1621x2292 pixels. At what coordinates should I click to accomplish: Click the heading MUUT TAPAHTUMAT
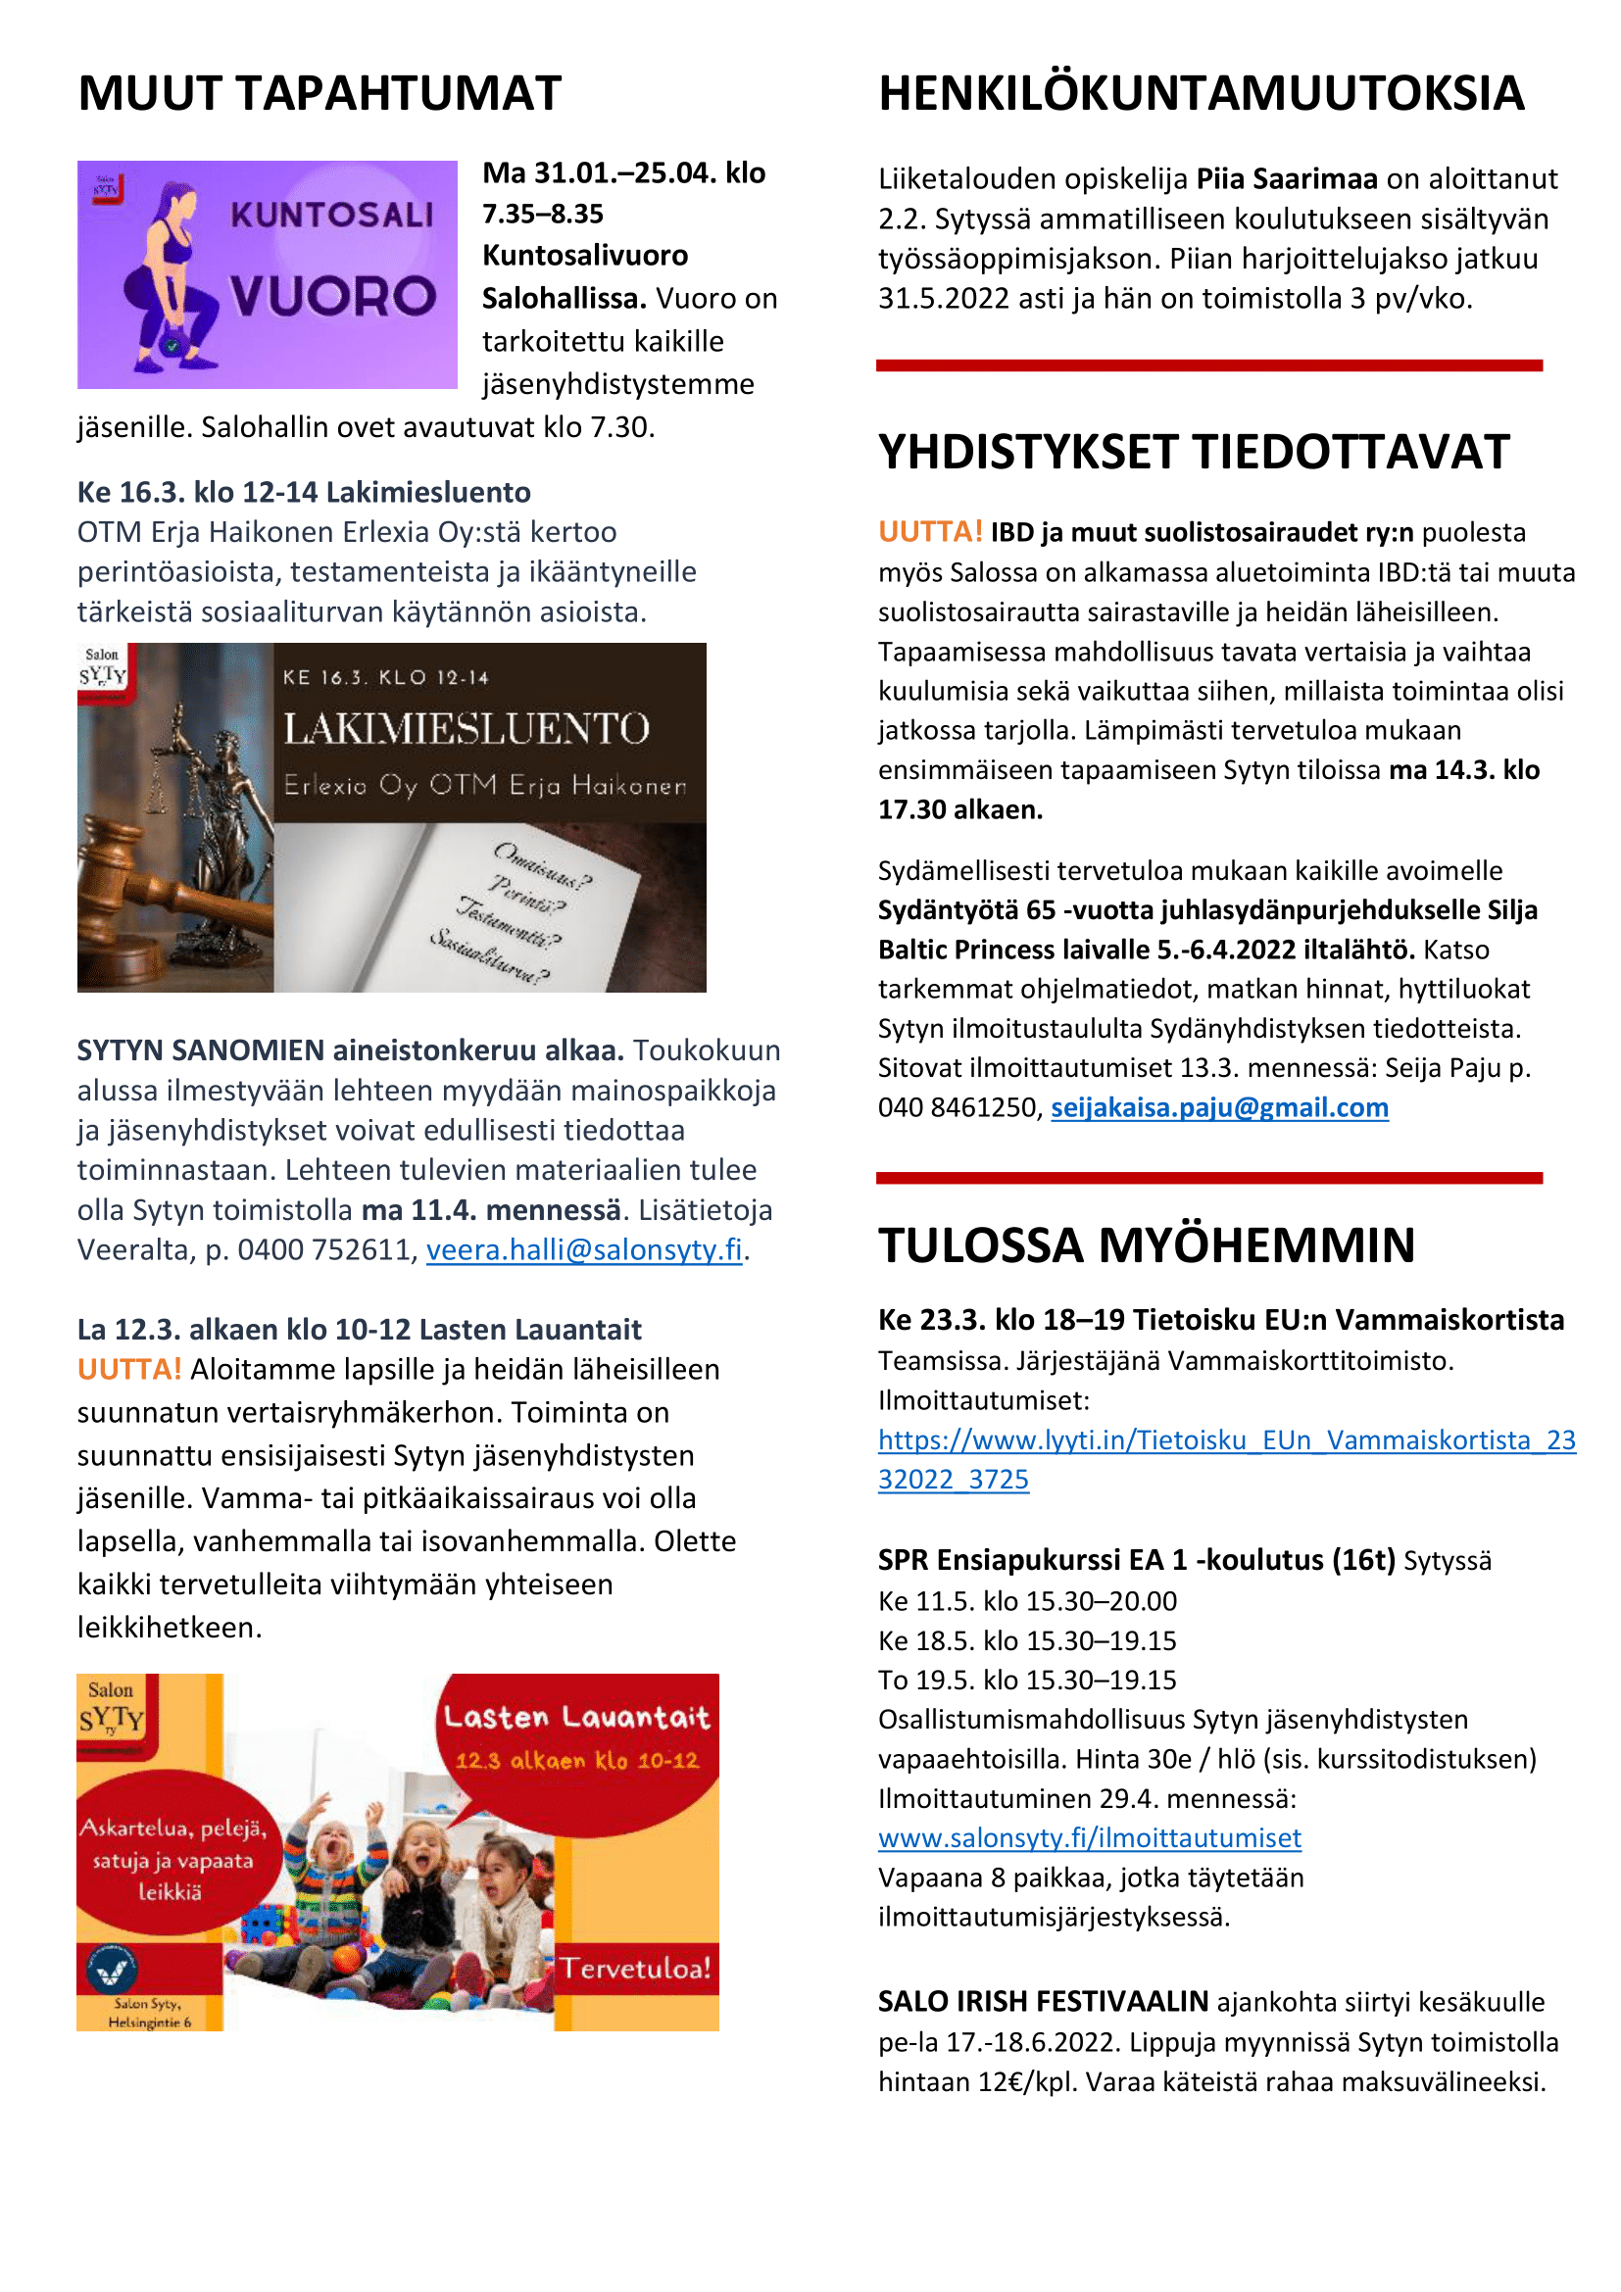319,94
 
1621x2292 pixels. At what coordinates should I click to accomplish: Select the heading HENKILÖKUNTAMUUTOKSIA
1201,94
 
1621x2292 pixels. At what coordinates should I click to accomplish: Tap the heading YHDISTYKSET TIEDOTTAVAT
1193,452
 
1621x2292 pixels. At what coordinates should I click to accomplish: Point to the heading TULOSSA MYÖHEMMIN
1146,1244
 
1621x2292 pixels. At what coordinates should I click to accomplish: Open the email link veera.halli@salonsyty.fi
584,1249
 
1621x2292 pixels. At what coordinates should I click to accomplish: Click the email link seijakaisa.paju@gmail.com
1219,1108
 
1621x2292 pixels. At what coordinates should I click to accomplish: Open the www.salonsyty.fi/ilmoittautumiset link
1089,1837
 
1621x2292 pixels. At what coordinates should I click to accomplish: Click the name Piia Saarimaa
1287,178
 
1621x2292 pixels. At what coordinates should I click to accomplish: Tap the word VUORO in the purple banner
332,297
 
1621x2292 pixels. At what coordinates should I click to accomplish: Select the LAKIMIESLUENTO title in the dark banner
467,729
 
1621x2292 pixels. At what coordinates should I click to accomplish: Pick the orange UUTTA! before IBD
930,532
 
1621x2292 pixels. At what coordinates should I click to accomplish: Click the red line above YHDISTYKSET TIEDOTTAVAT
1208,366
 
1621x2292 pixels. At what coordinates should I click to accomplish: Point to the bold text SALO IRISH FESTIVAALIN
1043,2002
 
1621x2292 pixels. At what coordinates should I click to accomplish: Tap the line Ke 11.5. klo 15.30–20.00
1027,1601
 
